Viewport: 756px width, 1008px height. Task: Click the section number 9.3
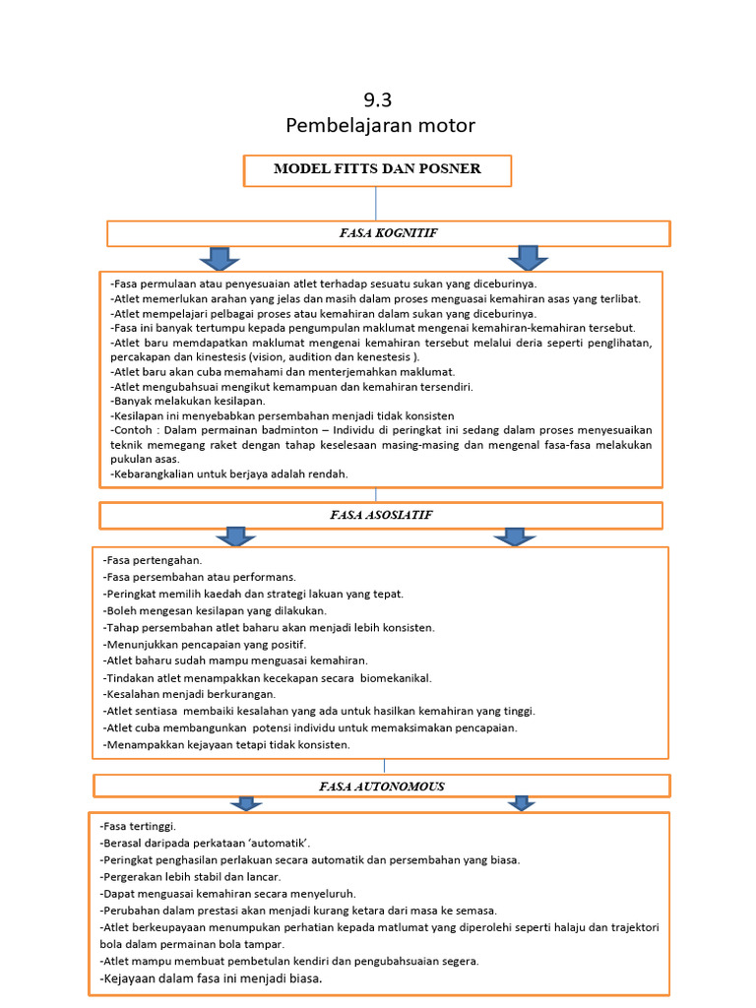click(x=378, y=99)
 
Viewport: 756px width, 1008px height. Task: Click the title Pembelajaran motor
click(x=379, y=126)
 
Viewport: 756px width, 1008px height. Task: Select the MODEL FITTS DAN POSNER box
click(x=378, y=169)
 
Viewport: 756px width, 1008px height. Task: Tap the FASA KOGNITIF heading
click(x=388, y=233)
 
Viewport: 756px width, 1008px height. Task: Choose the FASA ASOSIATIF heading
click(x=380, y=515)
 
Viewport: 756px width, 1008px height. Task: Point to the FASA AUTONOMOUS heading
click(x=381, y=786)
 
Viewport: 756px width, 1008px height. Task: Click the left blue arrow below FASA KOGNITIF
click(x=219, y=258)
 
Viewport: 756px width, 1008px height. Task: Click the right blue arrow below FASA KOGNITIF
click(x=529, y=258)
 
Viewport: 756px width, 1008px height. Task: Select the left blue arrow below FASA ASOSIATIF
click(x=234, y=536)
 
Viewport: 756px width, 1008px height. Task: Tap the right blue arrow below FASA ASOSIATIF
click(x=513, y=536)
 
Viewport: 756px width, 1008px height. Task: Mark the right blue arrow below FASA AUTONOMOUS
click(x=520, y=804)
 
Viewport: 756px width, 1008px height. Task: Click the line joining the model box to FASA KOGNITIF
click(x=376, y=203)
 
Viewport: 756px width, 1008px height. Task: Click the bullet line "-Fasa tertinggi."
click(x=139, y=827)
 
